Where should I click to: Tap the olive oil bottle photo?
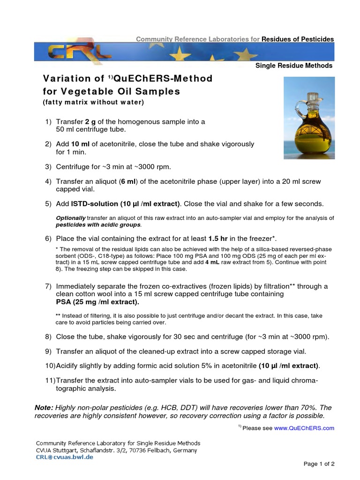tap(309, 118)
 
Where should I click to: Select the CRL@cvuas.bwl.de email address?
tap(65, 457)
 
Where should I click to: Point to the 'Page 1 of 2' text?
tap(319, 464)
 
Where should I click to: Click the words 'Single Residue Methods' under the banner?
tap(294, 66)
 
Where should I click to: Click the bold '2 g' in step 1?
tap(90, 122)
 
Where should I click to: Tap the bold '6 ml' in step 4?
tap(127, 181)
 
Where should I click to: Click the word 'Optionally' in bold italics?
tap(71, 218)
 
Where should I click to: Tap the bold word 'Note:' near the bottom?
tap(44, 408)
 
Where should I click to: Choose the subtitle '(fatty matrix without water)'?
tap(93, 102)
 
